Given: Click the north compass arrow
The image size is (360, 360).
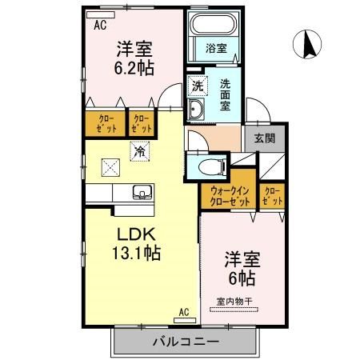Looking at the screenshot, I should point(307,44).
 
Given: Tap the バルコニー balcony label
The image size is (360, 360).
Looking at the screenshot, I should point(185,341).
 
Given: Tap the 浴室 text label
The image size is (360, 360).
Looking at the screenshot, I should point(217,48).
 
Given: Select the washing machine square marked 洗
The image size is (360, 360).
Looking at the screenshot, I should point(197,84).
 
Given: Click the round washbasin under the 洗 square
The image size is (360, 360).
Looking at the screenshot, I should point(197,109).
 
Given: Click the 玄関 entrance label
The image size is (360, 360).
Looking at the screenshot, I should point(265,138).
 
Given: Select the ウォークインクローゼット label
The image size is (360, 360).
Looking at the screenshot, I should point(229,197).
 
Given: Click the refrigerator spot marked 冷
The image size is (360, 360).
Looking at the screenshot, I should point(140,150).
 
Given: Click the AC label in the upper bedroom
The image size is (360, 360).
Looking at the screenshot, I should point(100,25).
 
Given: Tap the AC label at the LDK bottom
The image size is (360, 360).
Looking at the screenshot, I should point(183,312).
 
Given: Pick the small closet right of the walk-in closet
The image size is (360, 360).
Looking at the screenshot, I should point(271,196).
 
